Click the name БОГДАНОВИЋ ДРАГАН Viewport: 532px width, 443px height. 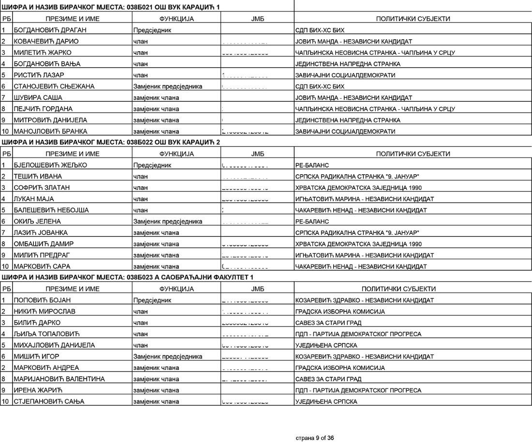coord(45,30)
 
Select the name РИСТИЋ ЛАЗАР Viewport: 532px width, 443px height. coord(39,75)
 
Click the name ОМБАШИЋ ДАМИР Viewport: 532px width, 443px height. coord(44,244)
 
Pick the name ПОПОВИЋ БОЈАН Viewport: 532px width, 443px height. coord(42,300)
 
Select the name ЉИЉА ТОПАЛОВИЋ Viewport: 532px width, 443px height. coord(46,334)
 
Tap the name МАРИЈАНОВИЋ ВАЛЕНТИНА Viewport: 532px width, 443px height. coord(59,379)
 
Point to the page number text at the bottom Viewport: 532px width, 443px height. coord(314,438)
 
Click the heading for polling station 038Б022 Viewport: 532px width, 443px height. coord(111,142)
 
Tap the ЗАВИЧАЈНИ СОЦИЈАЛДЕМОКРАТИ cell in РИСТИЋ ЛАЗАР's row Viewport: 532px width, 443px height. coord(345,75)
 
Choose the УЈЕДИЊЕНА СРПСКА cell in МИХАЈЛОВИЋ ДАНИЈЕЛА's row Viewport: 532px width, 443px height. coord(326,345)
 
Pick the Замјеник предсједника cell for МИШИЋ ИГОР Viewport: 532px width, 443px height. coord(167,356)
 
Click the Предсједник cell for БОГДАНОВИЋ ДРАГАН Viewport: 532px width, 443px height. coord(152,30)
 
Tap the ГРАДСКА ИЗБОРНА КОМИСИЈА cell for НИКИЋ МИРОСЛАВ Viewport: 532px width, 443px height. coord(340,311)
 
